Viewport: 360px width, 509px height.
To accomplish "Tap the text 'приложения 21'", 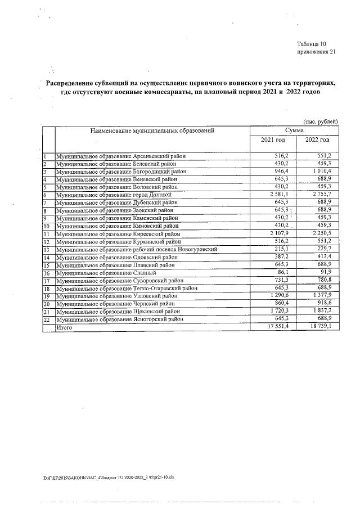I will [316, 52].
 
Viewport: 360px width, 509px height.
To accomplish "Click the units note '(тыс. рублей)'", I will [321, 121].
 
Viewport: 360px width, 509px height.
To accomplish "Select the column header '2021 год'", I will [272, 139].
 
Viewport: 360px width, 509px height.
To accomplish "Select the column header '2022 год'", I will [317, 139].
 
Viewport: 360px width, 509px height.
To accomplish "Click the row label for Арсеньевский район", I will [121, 156].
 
